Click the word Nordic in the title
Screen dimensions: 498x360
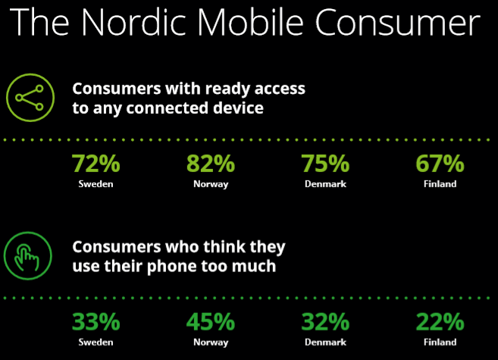coord(133,22)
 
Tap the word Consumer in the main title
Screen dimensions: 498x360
coord(397,22)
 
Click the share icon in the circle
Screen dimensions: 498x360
coord(30,98)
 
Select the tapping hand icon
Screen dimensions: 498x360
coord(28,255)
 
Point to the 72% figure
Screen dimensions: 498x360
coord(96,164)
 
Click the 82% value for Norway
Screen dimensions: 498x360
coord(211,164)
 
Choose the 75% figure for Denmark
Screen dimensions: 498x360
coord(325,164)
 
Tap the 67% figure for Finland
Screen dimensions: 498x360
coord(440,164)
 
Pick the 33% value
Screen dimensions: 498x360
coord(96,322)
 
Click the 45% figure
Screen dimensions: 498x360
coord(211,322)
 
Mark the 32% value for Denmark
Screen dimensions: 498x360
coord(325,322)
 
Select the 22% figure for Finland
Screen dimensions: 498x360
coord(440,322)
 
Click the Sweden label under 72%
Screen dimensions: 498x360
coord(96,184)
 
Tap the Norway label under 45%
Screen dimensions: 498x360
coord(211,343)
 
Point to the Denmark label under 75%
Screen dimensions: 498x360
coord(325,184)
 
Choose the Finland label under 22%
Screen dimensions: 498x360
coord(440,342)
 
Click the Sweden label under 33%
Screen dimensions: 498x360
coord(96,342)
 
